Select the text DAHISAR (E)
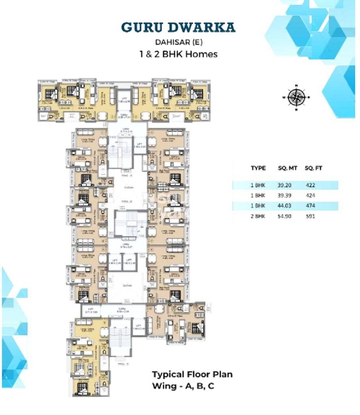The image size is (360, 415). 178,41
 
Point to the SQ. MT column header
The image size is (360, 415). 286,168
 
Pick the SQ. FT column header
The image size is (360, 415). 313,168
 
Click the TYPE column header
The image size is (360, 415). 258,168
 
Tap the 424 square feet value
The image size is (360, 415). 310,195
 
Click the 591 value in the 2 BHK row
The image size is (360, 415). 310,216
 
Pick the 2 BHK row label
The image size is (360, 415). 258,216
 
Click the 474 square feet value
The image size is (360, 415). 310,206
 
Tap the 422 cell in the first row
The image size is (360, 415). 310,185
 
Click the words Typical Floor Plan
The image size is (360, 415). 192,374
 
